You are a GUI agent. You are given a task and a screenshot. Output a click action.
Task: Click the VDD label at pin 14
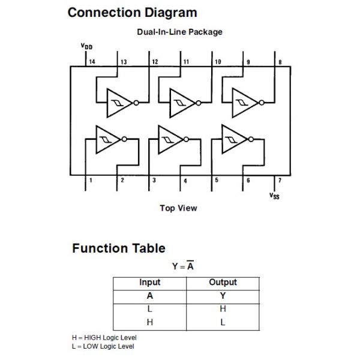coord(86,46)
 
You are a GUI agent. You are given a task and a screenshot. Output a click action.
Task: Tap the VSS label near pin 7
coord(274,196)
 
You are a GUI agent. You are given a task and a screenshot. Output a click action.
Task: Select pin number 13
coord(124,62)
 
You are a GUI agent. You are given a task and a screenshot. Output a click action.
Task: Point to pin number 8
coord(280,62)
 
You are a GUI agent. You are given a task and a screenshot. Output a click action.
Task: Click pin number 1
coord(91,180)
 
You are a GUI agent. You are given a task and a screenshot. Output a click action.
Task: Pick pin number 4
coord(185,181)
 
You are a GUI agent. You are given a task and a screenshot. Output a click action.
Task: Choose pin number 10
coord(218,62)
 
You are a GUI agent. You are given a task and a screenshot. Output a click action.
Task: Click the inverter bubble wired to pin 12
coord(136,103)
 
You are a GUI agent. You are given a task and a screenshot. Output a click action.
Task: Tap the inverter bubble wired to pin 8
coord(262,103)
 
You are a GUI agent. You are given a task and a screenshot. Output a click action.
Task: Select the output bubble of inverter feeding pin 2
coord(124,139)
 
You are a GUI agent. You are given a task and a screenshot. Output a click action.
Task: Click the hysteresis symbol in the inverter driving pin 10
coord(180,103)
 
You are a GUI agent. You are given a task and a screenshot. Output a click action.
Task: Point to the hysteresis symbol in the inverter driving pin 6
coord(231,140)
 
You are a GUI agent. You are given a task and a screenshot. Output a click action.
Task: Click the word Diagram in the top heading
coord(171,13)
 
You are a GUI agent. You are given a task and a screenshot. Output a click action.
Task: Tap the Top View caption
coord(178,208)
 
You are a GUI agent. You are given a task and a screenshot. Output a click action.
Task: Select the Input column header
coord(149,283)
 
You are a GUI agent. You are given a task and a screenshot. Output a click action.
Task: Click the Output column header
coord(223,282)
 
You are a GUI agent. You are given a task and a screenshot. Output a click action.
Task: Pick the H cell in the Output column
coord(223,309)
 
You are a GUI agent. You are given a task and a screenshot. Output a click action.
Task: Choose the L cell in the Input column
coord(149,309)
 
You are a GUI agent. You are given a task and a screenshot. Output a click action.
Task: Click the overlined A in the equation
coord(190,266)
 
